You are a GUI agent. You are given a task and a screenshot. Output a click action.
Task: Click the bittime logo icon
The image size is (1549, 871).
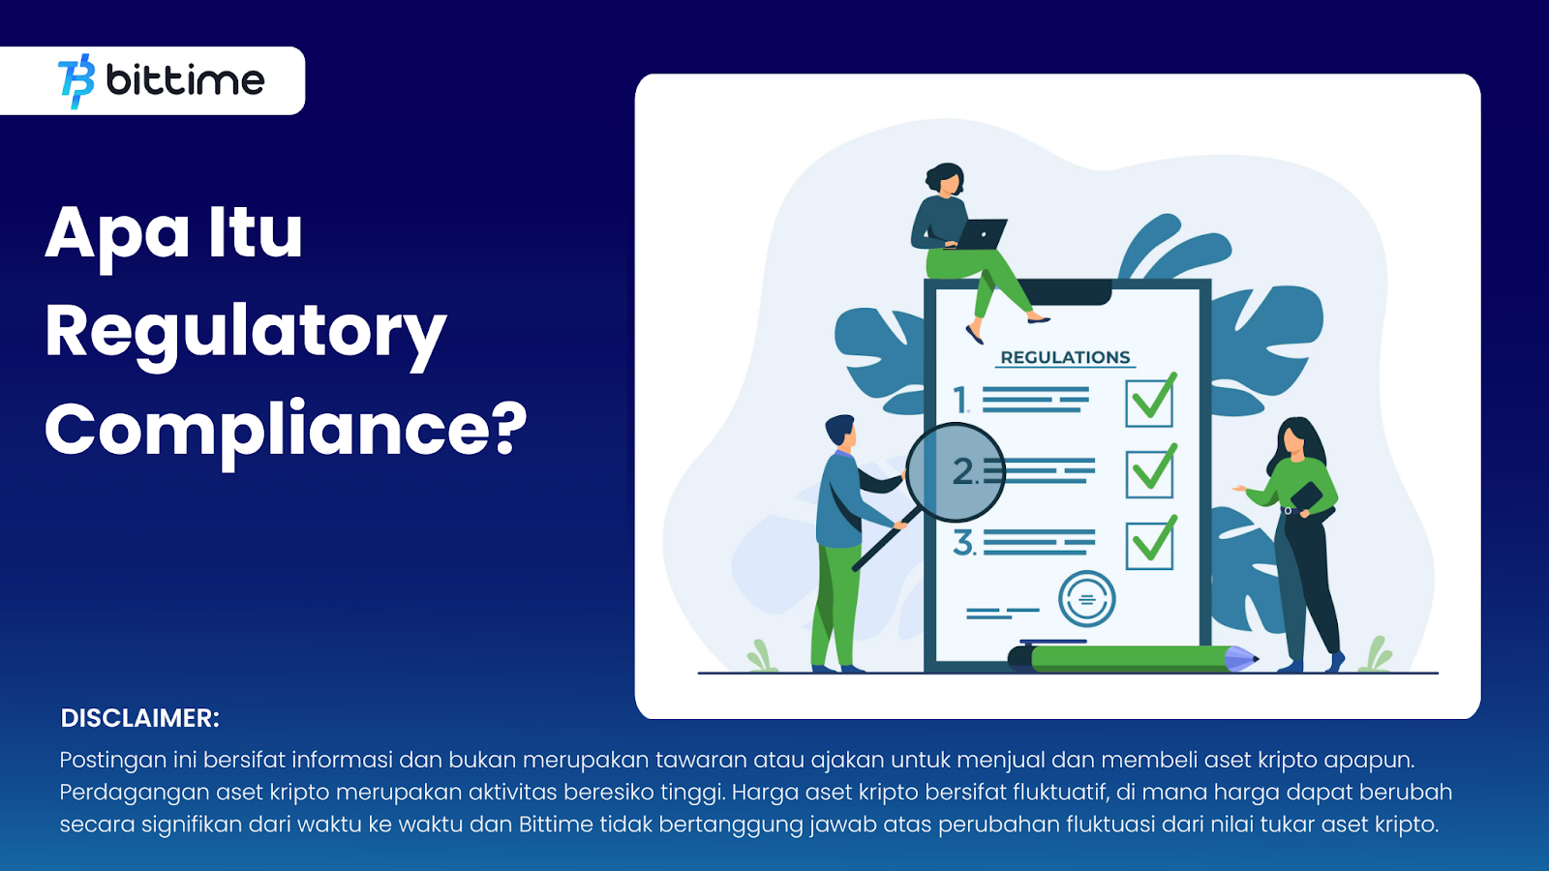click(76, 81)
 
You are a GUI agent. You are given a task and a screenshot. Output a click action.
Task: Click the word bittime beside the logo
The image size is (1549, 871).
click(185, 80)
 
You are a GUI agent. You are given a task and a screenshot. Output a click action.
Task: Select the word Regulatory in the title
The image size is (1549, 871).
click(245, 332)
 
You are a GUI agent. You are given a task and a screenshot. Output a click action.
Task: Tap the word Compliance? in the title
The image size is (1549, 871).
click(286, 429)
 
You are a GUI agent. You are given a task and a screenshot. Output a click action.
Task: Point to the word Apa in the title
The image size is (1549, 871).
click(117, 233)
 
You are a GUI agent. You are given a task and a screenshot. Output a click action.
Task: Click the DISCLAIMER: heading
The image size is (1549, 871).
click(140, 718)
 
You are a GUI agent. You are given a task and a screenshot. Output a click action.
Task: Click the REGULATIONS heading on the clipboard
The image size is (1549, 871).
click(1065, 357)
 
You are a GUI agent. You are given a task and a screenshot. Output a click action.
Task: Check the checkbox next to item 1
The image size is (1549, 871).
click(1149, 402)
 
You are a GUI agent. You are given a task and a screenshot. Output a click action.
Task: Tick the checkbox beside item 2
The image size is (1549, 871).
click(1150, 472)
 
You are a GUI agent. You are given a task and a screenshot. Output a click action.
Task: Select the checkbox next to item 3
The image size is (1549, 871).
click(1150, 545)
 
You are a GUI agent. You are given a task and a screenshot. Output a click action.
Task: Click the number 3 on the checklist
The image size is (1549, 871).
click(963, 543)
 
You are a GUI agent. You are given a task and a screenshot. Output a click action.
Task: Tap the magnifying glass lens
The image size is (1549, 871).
click(956, 472)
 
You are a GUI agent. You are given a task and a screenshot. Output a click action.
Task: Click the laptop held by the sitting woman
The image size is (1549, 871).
click(983, 234)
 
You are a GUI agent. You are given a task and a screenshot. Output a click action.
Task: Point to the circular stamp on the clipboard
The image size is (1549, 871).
click(1086, 599)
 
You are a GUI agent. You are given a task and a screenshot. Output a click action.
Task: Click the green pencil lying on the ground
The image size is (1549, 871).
click(1133, 659)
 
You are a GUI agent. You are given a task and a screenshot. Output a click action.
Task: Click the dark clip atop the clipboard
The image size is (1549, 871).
click(1065, 291)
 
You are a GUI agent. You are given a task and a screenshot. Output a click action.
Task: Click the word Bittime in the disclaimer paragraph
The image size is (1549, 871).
click(556, 825)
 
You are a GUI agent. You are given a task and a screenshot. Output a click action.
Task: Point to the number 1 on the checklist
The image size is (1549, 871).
click(960, 400)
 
